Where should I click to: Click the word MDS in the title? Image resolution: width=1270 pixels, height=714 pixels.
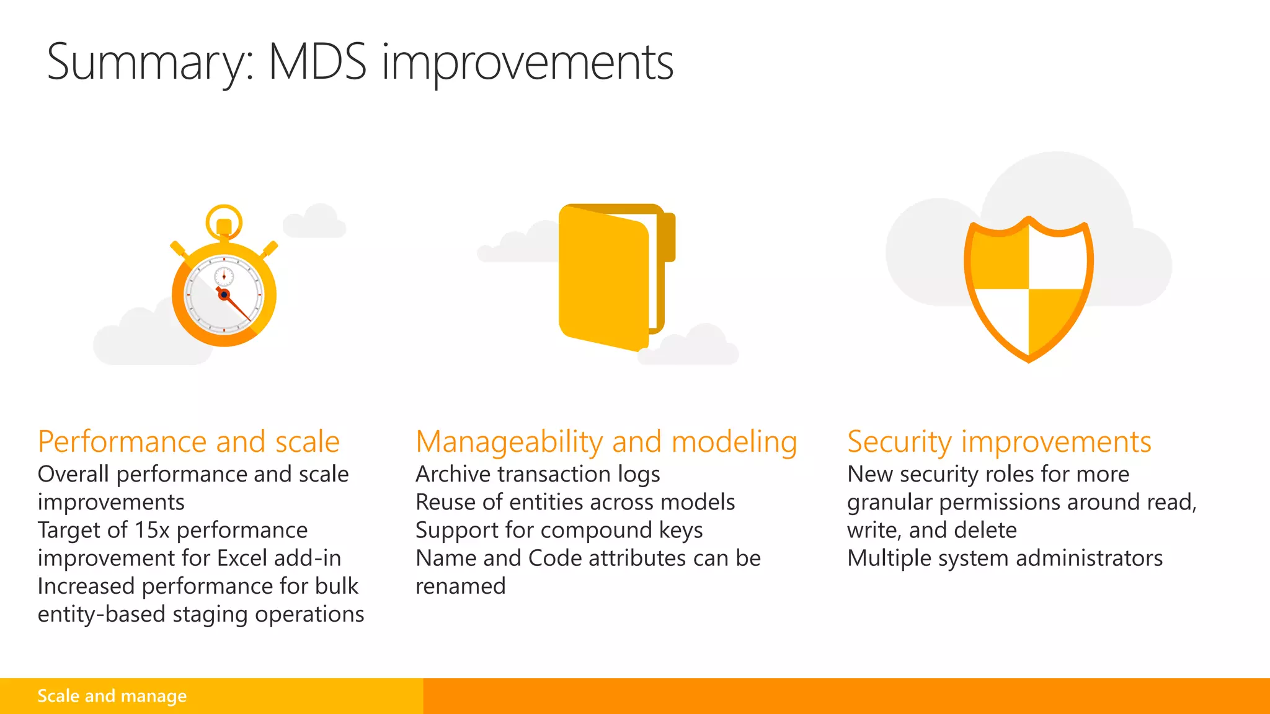pos(317,62)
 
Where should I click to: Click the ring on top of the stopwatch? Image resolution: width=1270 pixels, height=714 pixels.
pos(224,220)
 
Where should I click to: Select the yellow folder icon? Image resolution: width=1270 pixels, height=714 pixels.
pos(611,276)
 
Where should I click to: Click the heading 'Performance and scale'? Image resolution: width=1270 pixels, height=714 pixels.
pos(189,442)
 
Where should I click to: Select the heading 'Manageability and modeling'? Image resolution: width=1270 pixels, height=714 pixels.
pos(606,442)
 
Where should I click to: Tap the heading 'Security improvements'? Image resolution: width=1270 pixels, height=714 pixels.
pos(999,442)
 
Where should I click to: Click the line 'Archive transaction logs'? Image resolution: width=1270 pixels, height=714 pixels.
pos(538,474)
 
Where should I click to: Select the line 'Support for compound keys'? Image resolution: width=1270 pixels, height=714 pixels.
pos(559,531)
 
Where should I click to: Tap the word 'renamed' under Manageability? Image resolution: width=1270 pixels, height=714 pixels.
pos(460,586)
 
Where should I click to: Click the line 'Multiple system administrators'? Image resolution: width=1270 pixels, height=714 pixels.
pos(1005,558)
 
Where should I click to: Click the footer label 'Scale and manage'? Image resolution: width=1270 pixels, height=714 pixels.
pos(112,696)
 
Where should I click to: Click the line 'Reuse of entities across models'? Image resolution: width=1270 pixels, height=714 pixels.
pos(575,502)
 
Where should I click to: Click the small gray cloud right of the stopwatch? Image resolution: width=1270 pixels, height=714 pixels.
pos(314,222)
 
